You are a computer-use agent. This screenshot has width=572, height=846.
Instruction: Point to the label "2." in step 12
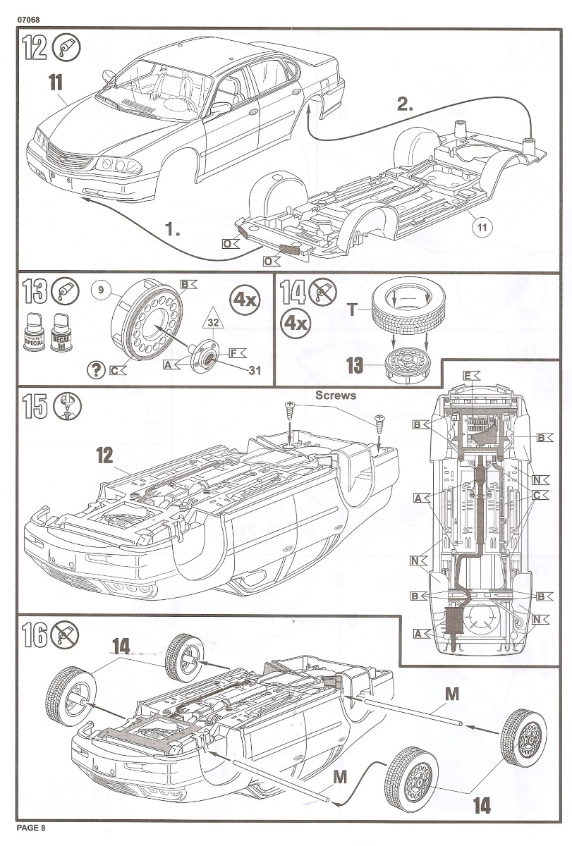point(406,105)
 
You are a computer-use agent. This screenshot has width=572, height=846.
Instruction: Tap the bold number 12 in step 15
point(104,455)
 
